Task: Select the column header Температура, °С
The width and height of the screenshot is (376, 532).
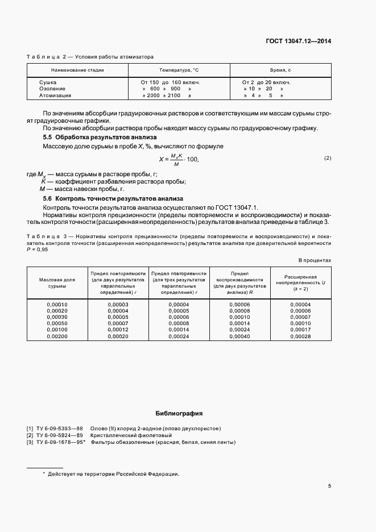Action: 179,69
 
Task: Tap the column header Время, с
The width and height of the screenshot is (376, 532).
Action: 280,69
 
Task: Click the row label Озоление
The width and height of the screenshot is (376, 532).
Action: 52,89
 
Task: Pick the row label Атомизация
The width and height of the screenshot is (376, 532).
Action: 55,95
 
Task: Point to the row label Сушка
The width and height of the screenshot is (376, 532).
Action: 48,82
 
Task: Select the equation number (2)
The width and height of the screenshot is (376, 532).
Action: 328,157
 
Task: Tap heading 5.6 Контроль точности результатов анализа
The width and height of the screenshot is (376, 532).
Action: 113,198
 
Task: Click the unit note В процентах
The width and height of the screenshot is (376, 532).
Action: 315,260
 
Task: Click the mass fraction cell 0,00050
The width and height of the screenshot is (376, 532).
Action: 57,323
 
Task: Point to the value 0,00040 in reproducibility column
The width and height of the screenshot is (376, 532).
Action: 239,336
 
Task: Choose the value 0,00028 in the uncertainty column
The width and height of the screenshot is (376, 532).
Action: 300,336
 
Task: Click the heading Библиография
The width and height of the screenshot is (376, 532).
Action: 179,414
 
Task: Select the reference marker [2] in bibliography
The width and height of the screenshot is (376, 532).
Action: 30,435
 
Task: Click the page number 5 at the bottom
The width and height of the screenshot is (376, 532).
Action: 329,485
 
